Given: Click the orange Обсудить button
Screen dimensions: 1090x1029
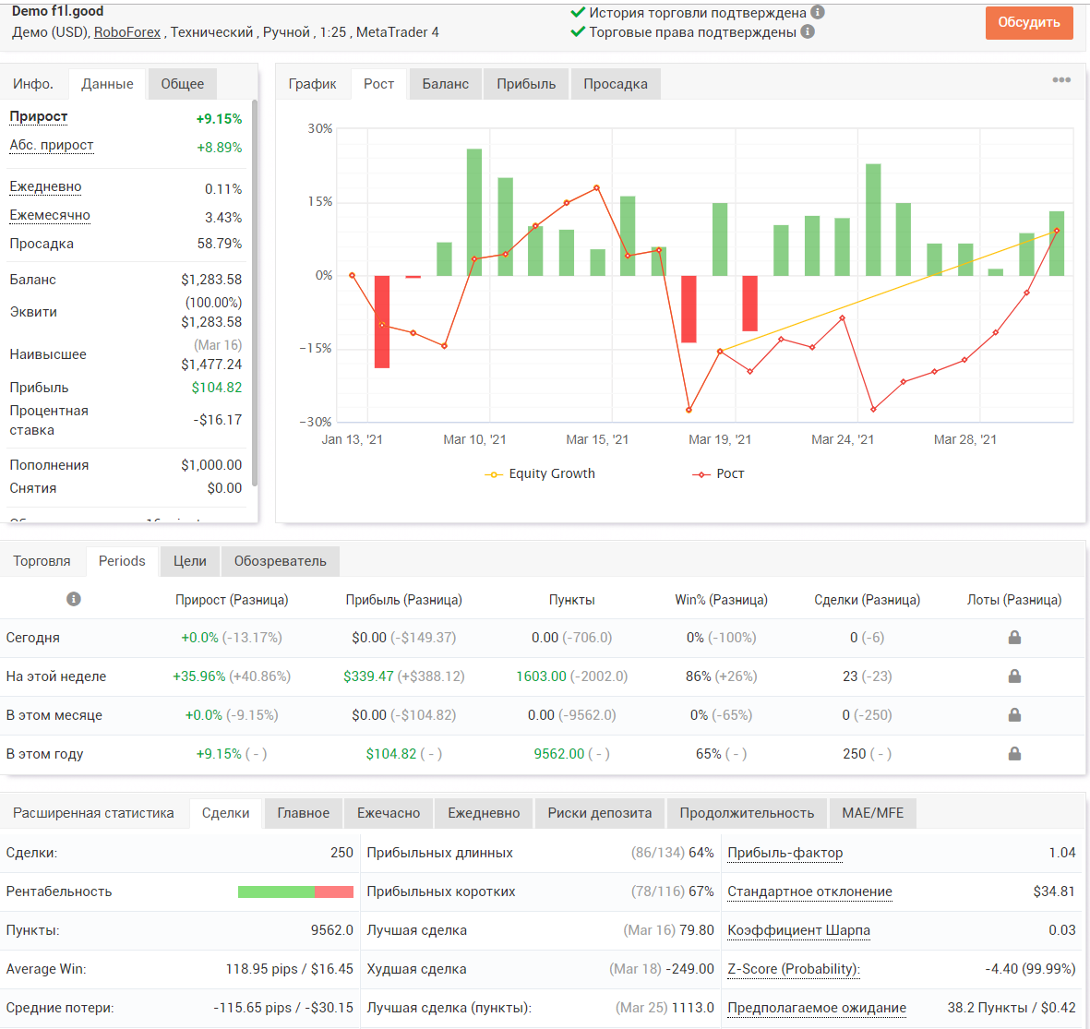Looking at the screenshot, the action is click(1029, 22).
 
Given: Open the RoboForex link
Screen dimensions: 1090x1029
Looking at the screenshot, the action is click(127, 32).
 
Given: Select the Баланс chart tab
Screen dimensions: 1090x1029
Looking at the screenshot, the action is click(445, 84).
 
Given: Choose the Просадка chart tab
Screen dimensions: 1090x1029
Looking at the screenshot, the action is click(616, 84).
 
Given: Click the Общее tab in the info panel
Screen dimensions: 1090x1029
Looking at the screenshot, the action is click(182, 84).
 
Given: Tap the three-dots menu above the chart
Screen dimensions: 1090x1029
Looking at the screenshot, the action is click(1061, 80).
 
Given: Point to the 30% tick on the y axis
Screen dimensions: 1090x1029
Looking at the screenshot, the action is click(319, 128).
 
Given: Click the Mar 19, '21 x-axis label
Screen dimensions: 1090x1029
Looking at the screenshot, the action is click(720, 439).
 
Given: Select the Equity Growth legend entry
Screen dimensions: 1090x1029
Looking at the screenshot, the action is click(540, 473).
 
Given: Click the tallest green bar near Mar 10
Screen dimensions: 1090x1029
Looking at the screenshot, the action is click(474, 212).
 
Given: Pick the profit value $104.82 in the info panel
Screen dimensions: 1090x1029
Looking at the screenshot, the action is click(217, 388).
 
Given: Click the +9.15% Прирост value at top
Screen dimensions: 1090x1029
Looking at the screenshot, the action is click(219, 119).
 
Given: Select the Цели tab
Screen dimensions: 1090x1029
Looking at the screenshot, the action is click(190, 561).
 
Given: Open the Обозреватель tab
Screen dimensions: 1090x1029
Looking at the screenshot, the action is click(281, 561).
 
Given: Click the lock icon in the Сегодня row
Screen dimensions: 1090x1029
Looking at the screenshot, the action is click(1015, 637).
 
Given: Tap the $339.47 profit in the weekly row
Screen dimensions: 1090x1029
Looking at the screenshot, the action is click(368, 676).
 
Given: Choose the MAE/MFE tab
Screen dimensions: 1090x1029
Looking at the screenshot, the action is click(872, 813).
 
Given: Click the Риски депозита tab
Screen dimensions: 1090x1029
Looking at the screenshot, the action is click(600, 813).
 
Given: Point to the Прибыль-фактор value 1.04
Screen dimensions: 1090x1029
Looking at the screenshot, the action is click(1062, 853).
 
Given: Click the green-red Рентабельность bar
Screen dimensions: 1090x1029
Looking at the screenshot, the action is click(295, 892).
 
